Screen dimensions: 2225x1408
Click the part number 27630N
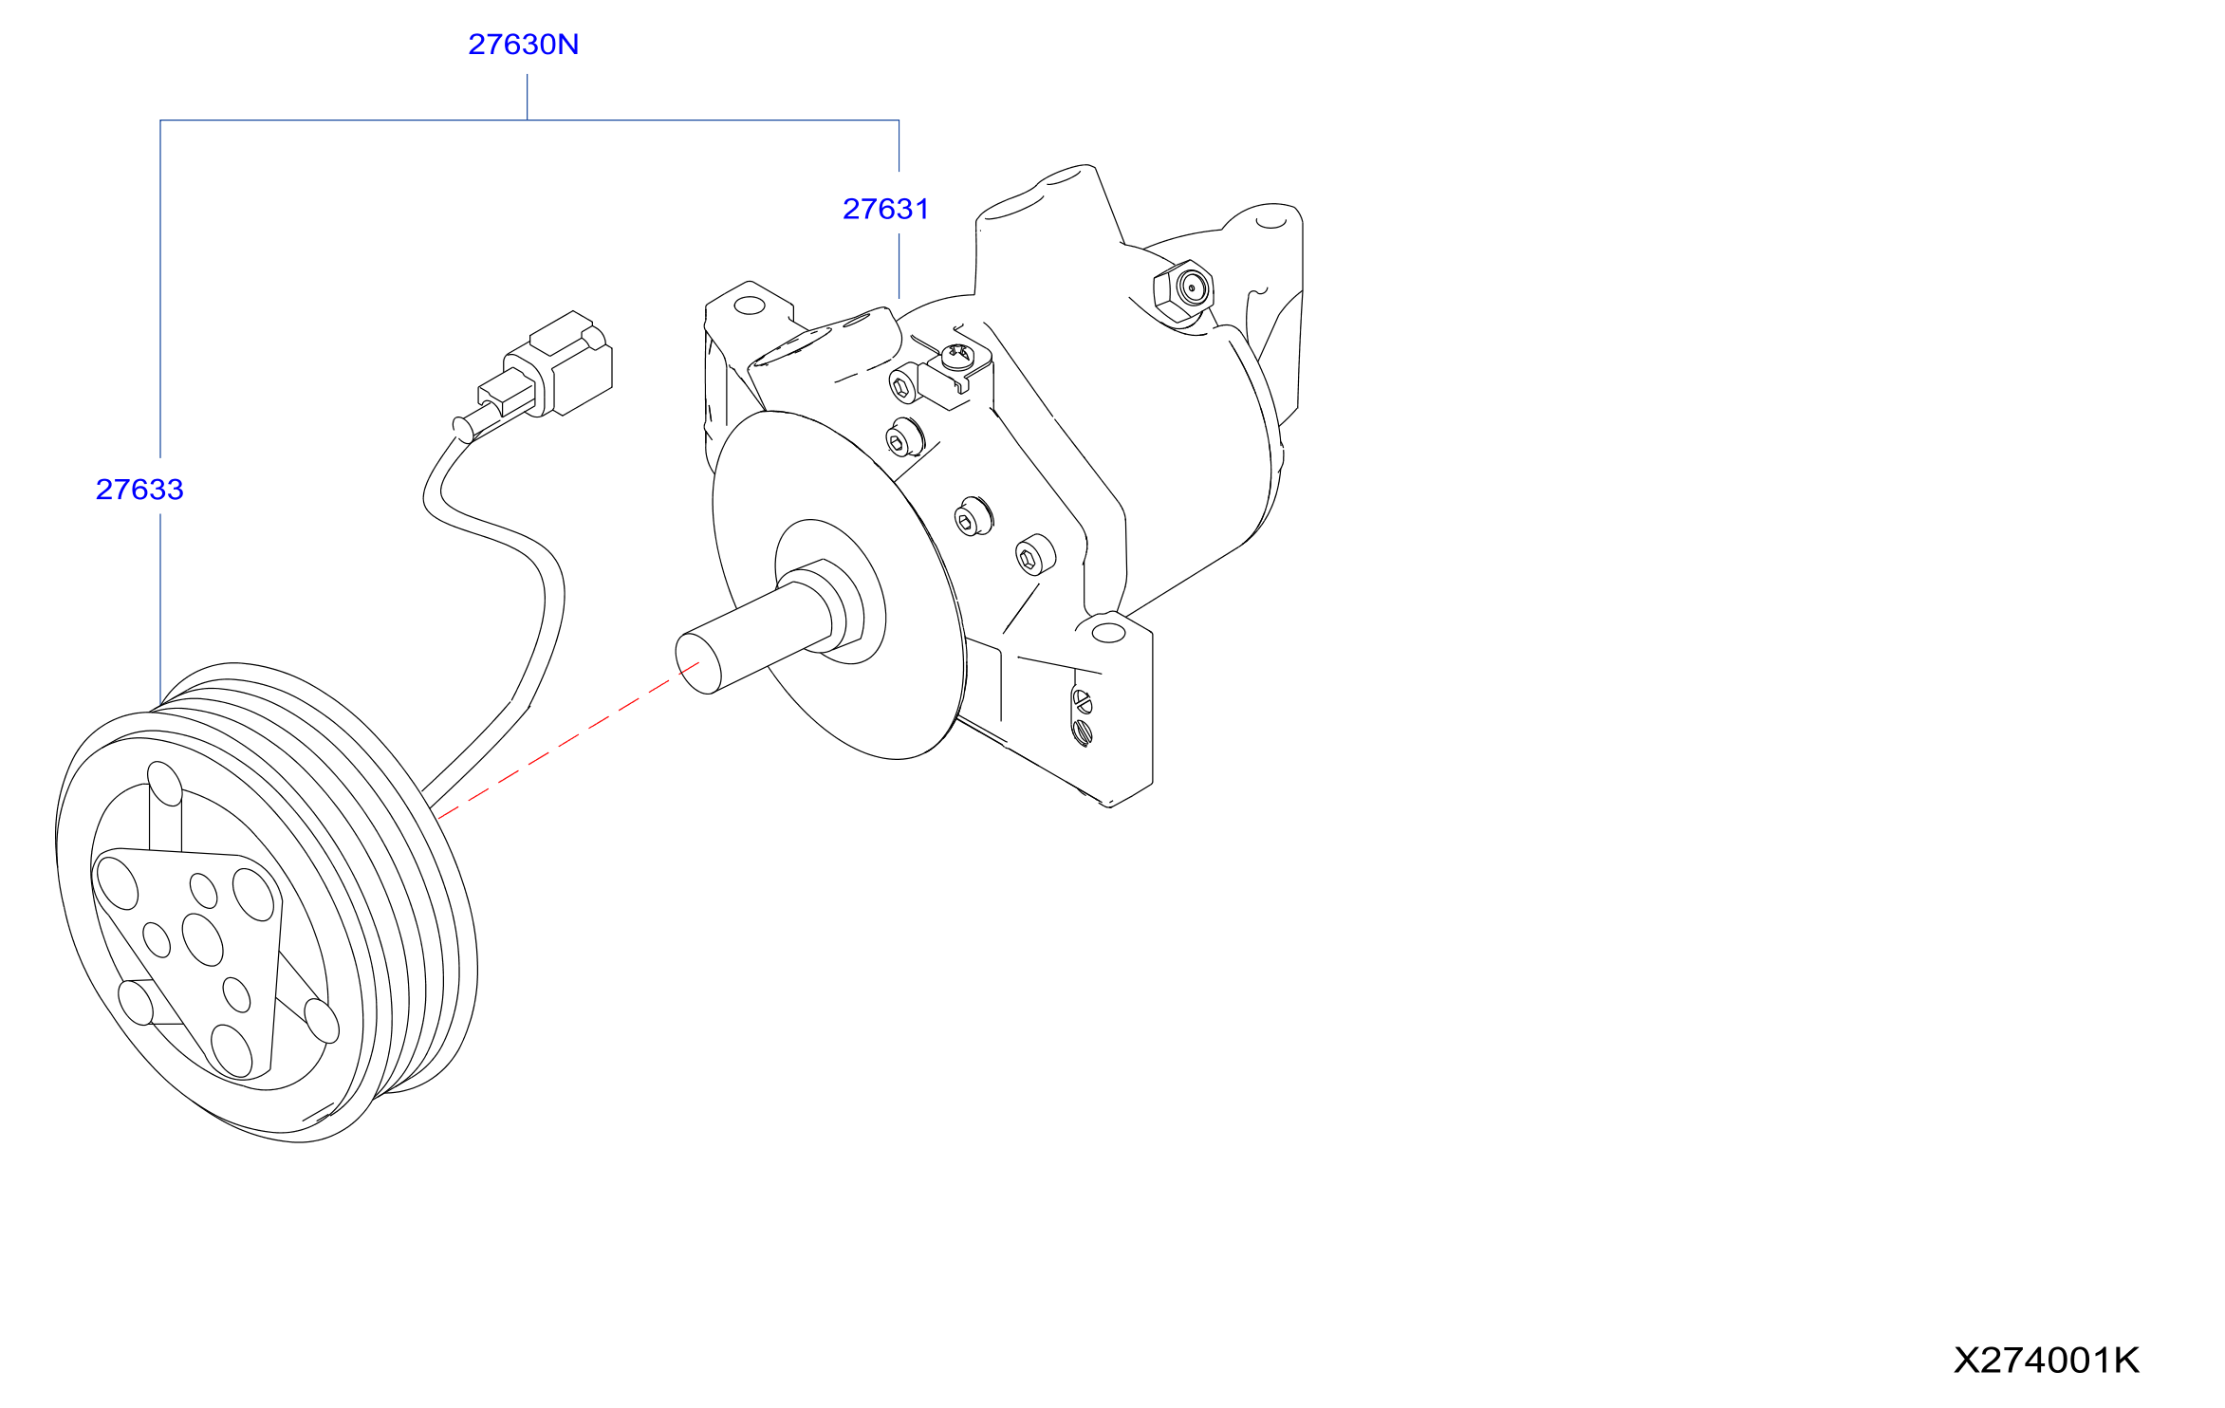(523, 45)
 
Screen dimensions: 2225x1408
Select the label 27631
(886, 209)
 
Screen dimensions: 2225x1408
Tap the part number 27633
(139, 489)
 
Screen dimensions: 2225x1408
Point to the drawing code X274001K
(2046, 1360)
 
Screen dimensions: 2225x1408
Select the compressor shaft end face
(698, 663)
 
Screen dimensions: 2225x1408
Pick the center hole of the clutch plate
(202, 939)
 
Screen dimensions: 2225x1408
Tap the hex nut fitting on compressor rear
(1182, 290)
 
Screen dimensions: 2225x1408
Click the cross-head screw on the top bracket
(956, 356)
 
